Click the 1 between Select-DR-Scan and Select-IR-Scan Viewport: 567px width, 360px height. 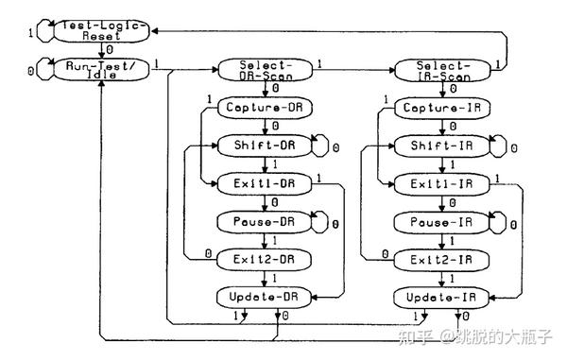point(319,62)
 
